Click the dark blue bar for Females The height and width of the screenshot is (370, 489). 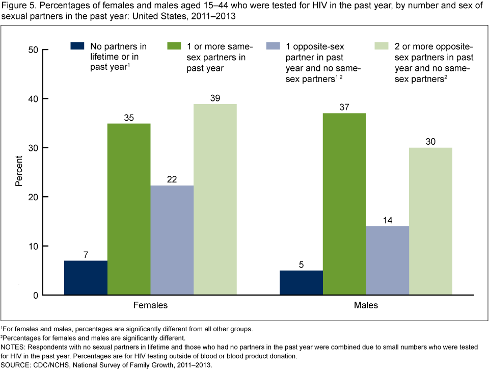[x=86, y=278]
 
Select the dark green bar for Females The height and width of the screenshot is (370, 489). [x=129, y=209]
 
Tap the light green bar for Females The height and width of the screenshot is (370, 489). [x=215, y=199]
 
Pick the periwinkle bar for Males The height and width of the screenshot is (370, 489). [x=388, y=260]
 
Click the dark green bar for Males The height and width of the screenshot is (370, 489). [x=344, y=204]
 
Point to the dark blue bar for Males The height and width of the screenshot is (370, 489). [x=302, y=282]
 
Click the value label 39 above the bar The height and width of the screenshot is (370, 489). [x=215, y=97]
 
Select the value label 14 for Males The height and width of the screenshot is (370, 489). [x=388, y=220]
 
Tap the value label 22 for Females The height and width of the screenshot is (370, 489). [x=172, y=179]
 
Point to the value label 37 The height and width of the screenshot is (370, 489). [x=344, y=107]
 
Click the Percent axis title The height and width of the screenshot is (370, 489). [x=19, y=172]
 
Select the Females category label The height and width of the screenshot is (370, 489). [x=150, y=306]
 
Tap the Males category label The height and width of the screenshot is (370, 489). [x=366, y=306]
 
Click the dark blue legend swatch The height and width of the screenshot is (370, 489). [x=76, y=46]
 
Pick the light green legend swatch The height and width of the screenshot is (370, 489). [x=382, y=46]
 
